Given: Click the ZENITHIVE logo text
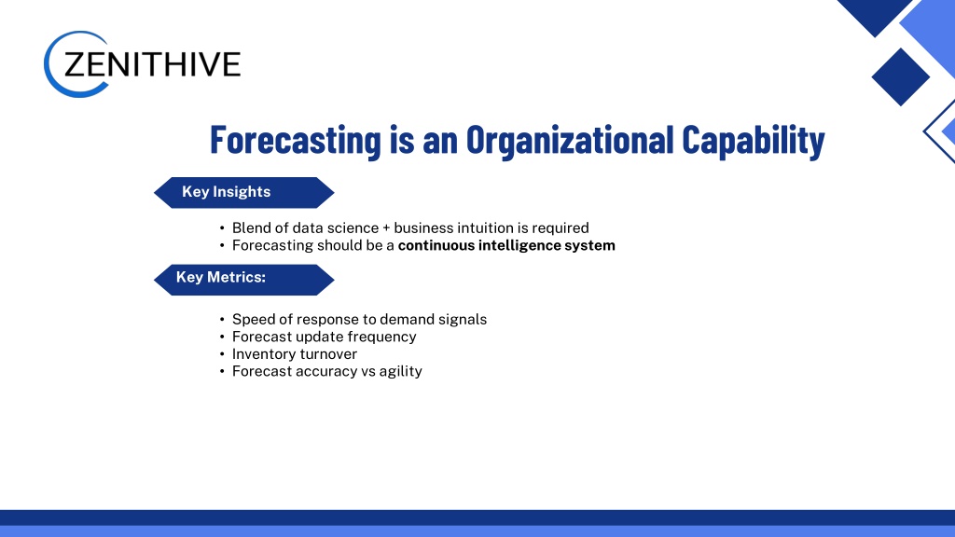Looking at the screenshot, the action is click(x=152, y=64).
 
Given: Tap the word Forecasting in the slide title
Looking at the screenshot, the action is click(x=296, y=140).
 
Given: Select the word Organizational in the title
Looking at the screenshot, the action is click(x=570, y=140).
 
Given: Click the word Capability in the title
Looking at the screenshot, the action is click(x=754, y=140).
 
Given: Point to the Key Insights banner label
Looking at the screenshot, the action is click(x=226, y=192).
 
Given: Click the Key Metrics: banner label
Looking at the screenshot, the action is click(x=220, y=277).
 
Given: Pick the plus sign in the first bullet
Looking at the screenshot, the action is click(x=386, y=228).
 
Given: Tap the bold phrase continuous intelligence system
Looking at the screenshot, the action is click(x=506, y=245).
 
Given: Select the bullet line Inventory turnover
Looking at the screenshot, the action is click(x=295, y=353).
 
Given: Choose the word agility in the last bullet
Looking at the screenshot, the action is click(x=401, y=371).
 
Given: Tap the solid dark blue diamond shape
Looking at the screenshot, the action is click(x=900, y=77).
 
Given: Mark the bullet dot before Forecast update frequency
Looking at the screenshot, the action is click(x=222, y=337).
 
